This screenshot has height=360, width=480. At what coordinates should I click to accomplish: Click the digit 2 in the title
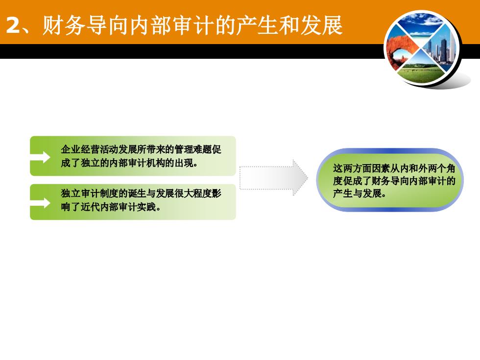13,25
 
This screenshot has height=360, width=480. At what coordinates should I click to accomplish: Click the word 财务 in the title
64,25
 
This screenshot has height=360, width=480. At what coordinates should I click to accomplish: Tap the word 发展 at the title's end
322,25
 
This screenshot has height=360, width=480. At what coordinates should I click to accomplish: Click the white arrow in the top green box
40,157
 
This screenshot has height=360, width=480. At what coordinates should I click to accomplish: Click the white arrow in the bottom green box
40,203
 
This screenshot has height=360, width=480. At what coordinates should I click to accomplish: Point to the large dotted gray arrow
274,178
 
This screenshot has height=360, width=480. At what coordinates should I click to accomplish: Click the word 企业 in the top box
71,149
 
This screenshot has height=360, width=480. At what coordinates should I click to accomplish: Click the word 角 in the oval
450,168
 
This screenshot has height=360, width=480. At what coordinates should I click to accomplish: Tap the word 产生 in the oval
342,193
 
